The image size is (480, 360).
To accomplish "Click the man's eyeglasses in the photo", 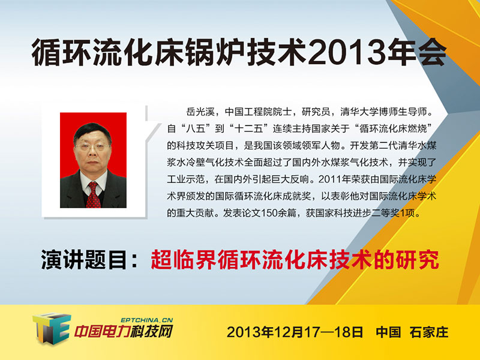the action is tap(92, 147).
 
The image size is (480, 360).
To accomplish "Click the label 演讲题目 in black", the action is tap(84, 260).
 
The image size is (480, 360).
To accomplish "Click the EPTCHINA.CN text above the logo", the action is tap(147, 320).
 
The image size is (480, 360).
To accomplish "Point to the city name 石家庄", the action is tap(429, 332).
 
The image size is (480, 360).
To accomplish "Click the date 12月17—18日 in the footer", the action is tap(319, 332).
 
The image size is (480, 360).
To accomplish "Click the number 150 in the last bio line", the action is tap(269, 213).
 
